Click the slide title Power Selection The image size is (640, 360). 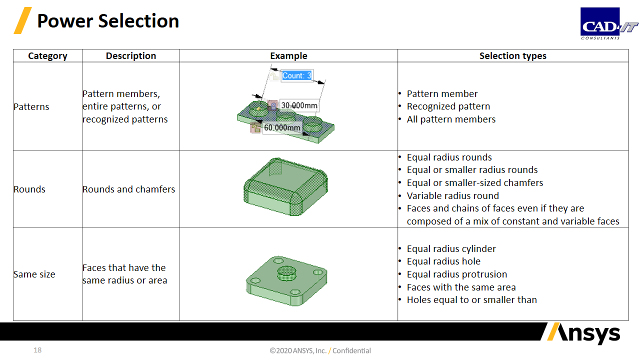(108, 21)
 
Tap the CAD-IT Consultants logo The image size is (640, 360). (609, 23)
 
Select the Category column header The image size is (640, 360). (47, 55)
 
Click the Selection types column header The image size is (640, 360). (513, 55)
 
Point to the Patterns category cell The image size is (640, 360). (31, 106)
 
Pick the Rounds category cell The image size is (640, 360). (29, 189)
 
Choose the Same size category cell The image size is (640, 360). (34, 274)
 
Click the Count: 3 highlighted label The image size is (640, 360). (297, 75)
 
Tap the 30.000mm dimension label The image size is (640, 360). (299, 105)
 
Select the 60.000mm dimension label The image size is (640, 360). (282, 127)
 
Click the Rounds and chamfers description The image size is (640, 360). (128, 189)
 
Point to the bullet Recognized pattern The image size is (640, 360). (448, 106)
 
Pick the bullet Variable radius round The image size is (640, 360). (453, 195)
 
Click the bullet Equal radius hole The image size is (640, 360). (443, 261)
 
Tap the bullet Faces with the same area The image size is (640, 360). (461, 287)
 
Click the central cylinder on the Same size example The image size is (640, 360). (286, 273)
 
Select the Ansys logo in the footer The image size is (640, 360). (583, 333)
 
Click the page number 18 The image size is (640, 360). (37, 350)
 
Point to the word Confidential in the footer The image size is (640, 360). (351, 350)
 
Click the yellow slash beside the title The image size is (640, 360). (22, 20)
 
